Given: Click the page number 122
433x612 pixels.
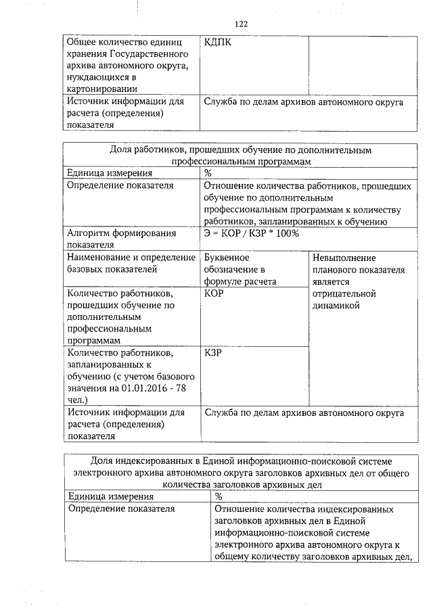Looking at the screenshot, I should (242, 24).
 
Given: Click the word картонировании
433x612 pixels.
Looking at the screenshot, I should (102, 88).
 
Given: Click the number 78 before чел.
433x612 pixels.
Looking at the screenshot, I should (179, 389).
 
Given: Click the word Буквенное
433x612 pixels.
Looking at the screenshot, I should (227, 258).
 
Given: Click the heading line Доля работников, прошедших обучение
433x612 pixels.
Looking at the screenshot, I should (240, 150).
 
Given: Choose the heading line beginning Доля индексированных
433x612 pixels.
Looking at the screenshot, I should (240, 461).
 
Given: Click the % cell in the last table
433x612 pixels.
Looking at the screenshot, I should (219, 496).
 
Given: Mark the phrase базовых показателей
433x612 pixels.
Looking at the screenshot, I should (112, 270).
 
